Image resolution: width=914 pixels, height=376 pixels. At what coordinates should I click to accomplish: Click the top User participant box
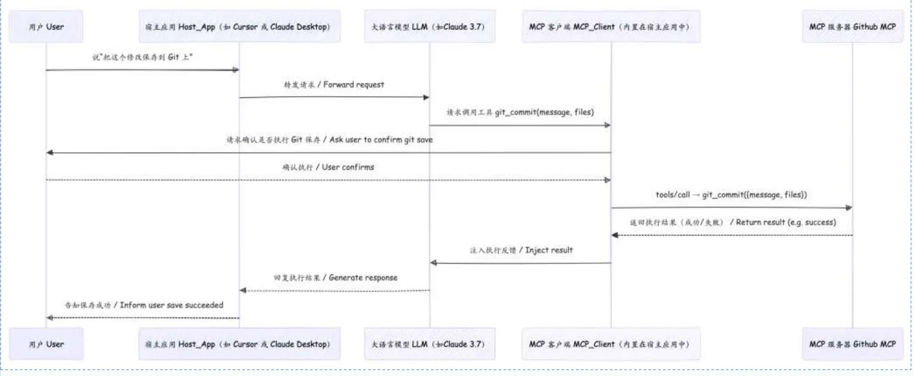46,27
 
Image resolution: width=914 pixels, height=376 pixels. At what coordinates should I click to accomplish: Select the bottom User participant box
46,344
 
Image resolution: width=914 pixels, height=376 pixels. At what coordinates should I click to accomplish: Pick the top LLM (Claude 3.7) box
429,27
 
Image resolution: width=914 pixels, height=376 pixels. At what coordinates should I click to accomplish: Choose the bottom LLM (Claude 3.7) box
429,344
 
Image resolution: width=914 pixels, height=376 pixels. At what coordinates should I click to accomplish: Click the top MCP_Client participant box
610,27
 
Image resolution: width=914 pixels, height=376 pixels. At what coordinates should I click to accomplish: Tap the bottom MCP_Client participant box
610,344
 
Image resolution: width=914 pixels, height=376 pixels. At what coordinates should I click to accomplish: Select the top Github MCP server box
852,27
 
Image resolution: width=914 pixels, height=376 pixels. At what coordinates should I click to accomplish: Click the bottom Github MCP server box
852,344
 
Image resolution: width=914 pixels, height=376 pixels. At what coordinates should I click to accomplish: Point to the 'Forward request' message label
334,84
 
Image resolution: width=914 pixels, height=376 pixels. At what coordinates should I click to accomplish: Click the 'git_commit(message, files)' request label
520,112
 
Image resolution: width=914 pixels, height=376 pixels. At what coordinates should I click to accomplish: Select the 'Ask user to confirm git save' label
329,139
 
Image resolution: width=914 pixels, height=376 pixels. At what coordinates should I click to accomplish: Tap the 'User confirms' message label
328,167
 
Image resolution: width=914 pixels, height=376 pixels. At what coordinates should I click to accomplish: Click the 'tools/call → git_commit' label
731,194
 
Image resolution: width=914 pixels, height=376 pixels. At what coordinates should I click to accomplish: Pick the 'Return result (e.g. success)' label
732,222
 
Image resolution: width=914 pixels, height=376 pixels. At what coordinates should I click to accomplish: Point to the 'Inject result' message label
521,250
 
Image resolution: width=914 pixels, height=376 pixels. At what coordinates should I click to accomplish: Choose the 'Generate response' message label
335,277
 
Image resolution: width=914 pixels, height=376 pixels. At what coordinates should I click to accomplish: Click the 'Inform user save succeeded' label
144,305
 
